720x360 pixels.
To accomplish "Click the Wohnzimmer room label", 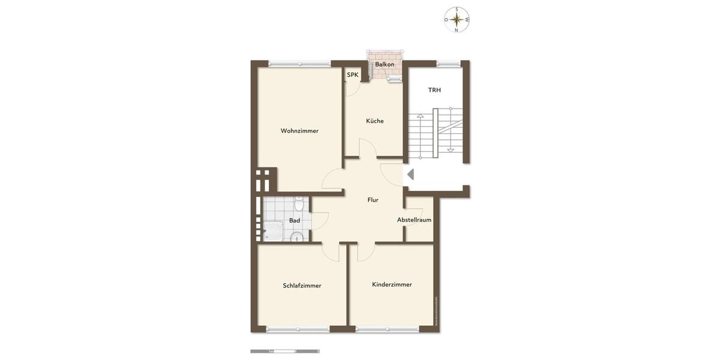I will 299,131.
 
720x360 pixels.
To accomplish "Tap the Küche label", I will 375,121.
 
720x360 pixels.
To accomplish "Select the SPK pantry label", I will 352,75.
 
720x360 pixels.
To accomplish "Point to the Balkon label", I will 385,64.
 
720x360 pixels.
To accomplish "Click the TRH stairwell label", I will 434,90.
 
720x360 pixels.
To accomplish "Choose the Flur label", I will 373,200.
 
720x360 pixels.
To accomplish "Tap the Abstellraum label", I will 414,220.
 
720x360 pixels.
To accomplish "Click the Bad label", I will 295,220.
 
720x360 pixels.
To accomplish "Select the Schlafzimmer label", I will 302,286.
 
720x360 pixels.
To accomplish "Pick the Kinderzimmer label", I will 392,284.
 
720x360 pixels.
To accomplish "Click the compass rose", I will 457,20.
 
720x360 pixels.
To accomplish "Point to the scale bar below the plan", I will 285,351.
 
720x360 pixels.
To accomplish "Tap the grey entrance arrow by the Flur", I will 410,175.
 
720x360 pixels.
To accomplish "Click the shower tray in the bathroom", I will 273,231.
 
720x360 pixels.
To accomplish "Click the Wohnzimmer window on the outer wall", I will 299,63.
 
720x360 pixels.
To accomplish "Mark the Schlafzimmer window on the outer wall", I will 298,329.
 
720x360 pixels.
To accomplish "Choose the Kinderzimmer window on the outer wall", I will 387,329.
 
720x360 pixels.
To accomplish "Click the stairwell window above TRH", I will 447,63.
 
